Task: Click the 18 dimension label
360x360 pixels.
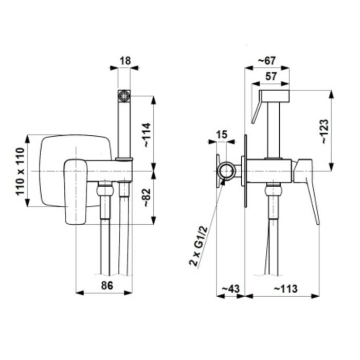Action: [125, 61]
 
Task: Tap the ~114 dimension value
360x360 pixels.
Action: [147, 135]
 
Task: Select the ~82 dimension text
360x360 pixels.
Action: [147, 198]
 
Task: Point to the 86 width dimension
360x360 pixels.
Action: [107, 285]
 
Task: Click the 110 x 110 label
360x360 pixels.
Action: [20, 171]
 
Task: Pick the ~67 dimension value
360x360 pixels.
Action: [267, 61]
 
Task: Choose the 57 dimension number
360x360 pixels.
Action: [271, 77]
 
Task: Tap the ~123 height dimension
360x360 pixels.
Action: [326, 132]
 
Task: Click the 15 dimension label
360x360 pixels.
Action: [222, 135]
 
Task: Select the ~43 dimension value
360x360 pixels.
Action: [231, 289]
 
